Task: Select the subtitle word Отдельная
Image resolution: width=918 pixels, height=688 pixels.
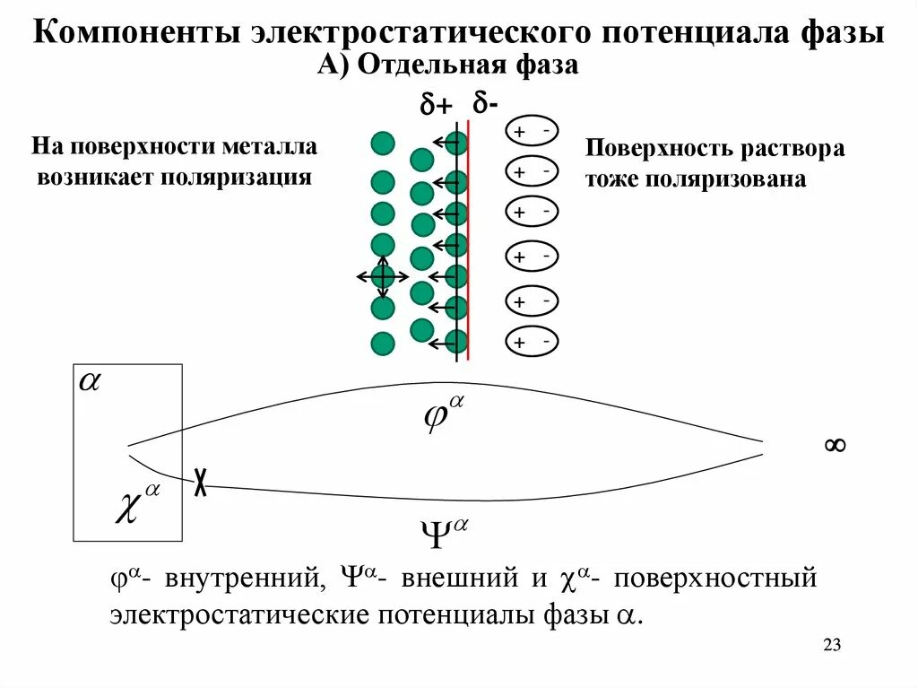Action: [x=432, y=65]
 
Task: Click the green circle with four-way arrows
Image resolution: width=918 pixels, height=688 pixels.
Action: [x=383, y=275]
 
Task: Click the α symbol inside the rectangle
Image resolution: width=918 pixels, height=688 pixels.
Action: [x=91, y=380]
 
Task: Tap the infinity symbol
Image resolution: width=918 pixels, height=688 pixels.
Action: [x=835, y=445]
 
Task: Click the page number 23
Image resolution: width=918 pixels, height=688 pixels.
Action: [x=831, y=646]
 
